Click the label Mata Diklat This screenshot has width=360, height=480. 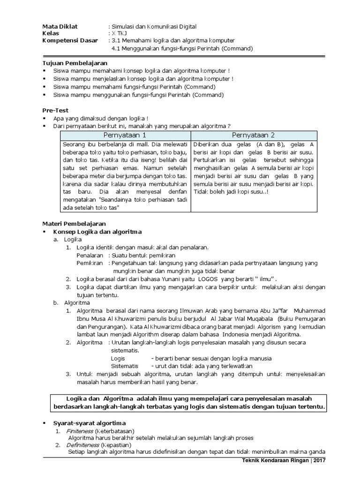pos(60,27)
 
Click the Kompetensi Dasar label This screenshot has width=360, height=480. pos(70,41)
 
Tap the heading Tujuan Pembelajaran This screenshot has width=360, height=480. pos(75,63)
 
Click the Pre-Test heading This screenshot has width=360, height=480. pos(55,110)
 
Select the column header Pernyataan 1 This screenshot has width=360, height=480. pos(125,135)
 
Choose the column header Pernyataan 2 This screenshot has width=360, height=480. pos(254,135)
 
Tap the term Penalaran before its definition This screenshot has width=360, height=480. pos(90,255)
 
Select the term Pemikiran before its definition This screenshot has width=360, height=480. pos(90,263)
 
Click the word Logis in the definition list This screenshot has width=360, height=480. pos(118,358)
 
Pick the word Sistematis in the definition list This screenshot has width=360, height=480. pos(124,366)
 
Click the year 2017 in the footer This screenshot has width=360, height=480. pos(320,461)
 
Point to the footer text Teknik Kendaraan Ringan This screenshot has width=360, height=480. pos(271,461)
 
